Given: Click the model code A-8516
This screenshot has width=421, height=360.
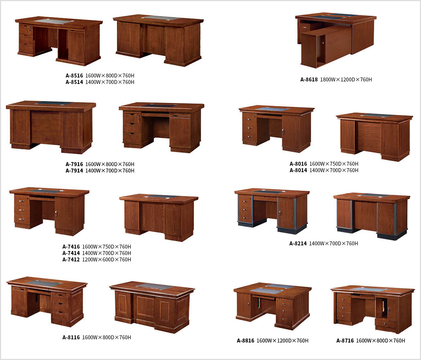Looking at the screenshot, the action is [74, 76].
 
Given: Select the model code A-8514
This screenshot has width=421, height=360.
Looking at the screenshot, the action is [74, 82].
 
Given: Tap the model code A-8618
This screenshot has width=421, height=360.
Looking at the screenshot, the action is [309, 80].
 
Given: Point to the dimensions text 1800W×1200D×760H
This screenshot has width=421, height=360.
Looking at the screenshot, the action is [346, 80].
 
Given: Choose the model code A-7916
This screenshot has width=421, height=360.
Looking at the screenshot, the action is [74, 164].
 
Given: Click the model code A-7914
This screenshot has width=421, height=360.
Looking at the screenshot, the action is [74, 171].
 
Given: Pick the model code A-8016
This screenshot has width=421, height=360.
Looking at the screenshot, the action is [298, 164].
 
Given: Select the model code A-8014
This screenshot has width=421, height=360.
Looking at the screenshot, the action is [298, 170].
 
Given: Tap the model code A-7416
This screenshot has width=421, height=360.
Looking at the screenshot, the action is [71, 247].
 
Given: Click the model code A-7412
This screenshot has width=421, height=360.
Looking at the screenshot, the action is [71, 260].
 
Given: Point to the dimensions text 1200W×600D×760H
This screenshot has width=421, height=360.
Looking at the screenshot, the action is [107, 260].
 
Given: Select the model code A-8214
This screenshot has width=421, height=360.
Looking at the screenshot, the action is [298, 244].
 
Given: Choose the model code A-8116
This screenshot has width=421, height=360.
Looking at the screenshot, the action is [71, 337].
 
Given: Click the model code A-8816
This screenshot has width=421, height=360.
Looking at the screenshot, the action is [245, 341].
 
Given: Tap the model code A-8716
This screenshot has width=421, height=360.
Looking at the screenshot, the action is [345, 341].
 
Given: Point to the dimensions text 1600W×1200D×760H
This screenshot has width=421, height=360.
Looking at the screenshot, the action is [283, 341].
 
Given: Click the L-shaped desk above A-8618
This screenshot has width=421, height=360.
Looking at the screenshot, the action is [336, 40].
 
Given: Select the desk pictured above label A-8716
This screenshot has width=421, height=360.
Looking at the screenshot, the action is [373, 309].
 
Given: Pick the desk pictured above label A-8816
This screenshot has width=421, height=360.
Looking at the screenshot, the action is [273, 306].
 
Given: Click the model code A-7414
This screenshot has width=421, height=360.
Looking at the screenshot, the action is [71, 253].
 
